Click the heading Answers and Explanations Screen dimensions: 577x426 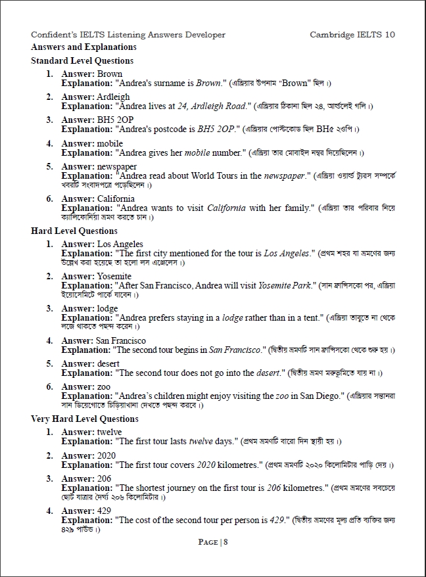pos(83,47)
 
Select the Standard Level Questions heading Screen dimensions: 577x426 pos(82,61)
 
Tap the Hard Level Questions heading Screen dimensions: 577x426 pos(74,231)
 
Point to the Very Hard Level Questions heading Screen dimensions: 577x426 pos(85,419)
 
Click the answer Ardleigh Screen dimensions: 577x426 pos(113,97)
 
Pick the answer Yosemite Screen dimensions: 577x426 pos(114,277)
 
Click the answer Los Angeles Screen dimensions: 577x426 pos(120,244)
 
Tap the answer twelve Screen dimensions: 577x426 pos(109,432)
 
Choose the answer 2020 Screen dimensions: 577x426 pos(106,456)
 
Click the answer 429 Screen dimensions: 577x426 pos(103,511)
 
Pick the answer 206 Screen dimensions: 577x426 pos(103,479)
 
